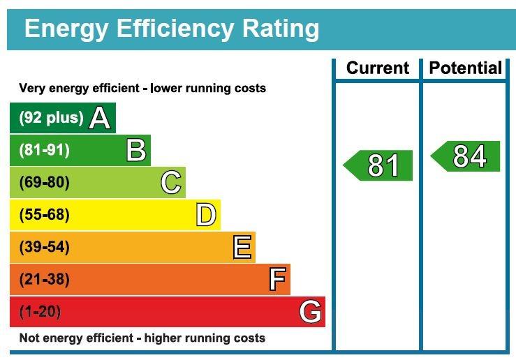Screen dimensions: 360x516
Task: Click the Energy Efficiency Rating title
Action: tap(171, 29)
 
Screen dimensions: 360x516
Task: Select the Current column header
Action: tap(377, 68)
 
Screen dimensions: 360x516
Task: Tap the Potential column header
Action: tap(465, 68)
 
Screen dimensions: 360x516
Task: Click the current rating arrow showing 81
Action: tap(379, 165)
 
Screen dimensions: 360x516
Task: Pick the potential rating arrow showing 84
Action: tap(466, 156)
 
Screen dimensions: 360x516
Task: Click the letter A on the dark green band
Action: tap(100, 119)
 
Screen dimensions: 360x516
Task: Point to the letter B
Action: tap(136, 151)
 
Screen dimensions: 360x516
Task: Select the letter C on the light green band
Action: tap(171, 183)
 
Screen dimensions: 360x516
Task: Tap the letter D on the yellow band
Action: tap(206, 215)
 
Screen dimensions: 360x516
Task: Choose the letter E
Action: tap(242, 247)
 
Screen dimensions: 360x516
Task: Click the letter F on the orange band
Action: tap(277, 280)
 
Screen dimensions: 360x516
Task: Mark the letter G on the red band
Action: tap(311, 312)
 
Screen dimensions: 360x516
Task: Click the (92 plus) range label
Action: tap(51, 118)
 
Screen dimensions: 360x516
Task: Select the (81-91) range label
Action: tap(45, 150)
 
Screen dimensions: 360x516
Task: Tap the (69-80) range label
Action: tap(45, 183)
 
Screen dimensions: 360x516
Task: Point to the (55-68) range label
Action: tap(45, 215)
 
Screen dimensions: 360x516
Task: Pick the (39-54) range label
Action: tap(45, 247)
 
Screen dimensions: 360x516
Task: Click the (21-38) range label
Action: tap(45, 279)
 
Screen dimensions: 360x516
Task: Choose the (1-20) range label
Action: tap(40, 312)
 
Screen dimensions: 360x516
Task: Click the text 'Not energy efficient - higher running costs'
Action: tap(142, 338)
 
